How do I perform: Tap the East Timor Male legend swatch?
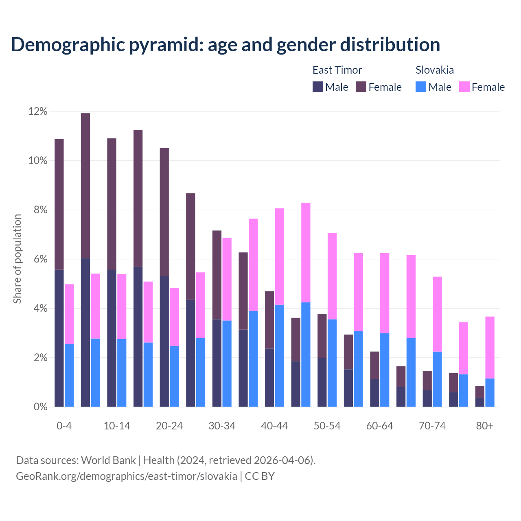click(317, 87)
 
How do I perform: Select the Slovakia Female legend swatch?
click(464, 87)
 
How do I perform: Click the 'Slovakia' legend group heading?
click(434, 70)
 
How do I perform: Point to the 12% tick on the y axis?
click(38, 111)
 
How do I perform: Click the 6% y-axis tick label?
click(40, 259)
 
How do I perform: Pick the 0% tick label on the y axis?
click(40, 407)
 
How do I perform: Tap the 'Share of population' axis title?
click(17, 259)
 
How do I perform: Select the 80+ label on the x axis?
click(484, 426)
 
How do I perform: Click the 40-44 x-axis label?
click(274, 426)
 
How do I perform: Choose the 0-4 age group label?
click(64, 426)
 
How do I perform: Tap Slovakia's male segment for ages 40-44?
click(280, 356)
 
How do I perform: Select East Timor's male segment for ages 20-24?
click(164, 342)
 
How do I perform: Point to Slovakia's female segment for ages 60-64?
click(385, 293)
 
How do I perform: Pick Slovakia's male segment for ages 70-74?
click(437, 379)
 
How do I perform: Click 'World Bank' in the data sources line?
click(108, 460)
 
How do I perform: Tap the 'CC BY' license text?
click(259, 476)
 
